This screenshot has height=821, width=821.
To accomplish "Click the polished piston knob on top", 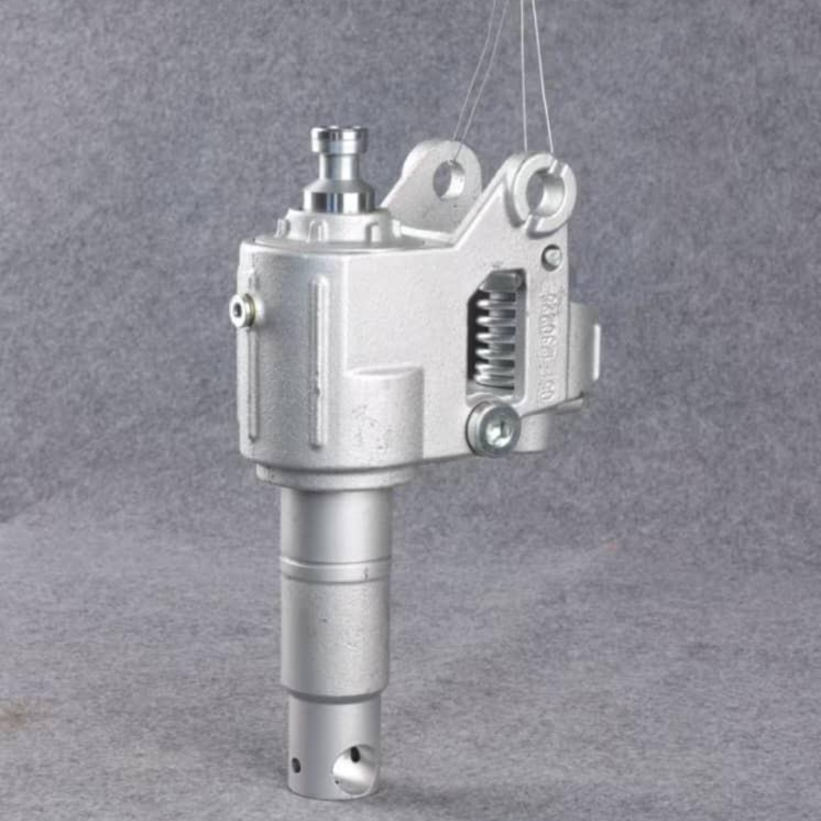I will pyautogui.click(x=339, y=141).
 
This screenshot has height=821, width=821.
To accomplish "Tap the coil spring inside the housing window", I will pyautogui.click(x=495, y=339).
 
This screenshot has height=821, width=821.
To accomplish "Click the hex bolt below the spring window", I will pyautogui.click(x=493, y=429).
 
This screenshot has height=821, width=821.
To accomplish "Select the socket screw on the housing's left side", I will pyautogui.click(x=242, y=309).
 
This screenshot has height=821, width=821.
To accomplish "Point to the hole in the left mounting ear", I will pyautogui.click(x=449, y=179).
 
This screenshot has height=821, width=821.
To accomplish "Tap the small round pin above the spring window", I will pyautogui.click(x=553, y=257).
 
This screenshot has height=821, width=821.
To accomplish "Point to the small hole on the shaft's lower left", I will pyautogui.click(x=296, y=763).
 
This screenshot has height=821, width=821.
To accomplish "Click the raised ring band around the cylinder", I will pyautogui.click(x=335, y=569).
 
